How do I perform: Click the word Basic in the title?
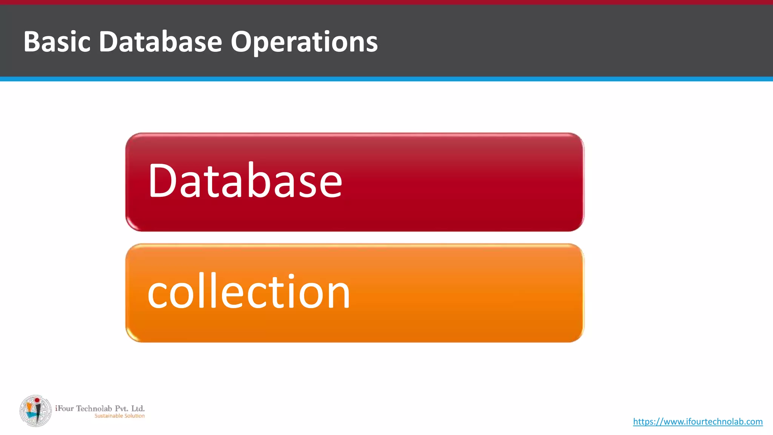pos(57,42)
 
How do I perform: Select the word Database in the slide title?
pos(160,42)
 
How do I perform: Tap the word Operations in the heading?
pos(304,42)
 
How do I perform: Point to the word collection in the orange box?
pos(249,292)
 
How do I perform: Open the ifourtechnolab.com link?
pos(698,421)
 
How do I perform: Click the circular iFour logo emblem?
pos(36,411)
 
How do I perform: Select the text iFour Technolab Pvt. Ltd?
pos(100,409)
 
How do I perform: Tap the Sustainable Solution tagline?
pos(119,416)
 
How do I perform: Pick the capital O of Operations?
pos(243,42)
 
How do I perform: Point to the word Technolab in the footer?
pos(94,409)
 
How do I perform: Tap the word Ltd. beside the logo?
pos(138,409)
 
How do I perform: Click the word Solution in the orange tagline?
pos(134,416)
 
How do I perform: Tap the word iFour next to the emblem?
pos(64,409)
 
